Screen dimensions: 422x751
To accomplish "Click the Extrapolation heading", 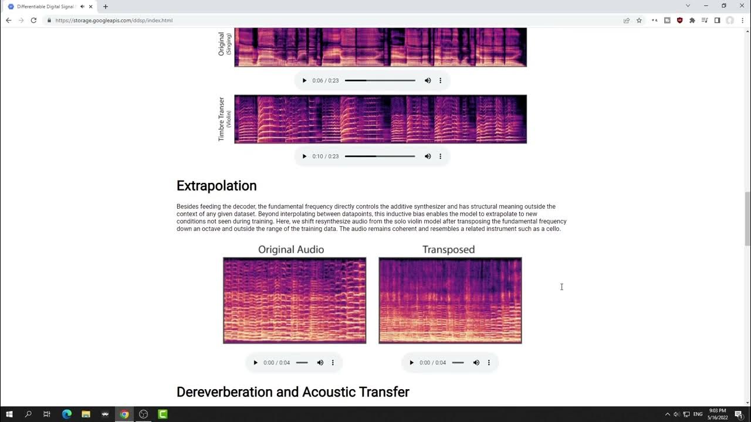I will click(x=216, y=186).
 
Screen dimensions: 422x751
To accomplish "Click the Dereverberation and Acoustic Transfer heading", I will click(x=293, y=392).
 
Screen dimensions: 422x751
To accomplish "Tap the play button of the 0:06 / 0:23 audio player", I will click(x=304, y=80).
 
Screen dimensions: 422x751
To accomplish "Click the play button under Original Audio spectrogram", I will click(x=255, y=363).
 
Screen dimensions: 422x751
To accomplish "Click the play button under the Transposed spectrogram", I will click(x=411, y=363).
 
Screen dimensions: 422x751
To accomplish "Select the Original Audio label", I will click(x=291, y=250).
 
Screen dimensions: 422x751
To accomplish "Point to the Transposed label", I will click(x=448, y=250).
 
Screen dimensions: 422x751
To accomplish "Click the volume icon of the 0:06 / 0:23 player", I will click(x=428, y=80).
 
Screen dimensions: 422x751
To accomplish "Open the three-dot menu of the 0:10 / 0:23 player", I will click(x=440, y=156).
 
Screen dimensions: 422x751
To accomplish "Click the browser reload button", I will click(x=33, y=21).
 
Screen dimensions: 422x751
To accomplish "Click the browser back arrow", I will click(x=8, y=21).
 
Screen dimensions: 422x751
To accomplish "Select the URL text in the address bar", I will click(x=114, y=21).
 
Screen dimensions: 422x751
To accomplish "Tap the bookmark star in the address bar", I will click(x=639, y=21).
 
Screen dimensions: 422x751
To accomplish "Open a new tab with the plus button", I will click(x=106, y=6).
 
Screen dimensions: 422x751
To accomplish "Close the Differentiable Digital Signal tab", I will click(x=91, y=6).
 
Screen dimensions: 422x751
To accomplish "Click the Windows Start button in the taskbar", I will click(x=9, y=414).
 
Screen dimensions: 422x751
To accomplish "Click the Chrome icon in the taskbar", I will click(x=124, y=414).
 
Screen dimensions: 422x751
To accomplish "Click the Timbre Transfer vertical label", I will click(x=222, y=119).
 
